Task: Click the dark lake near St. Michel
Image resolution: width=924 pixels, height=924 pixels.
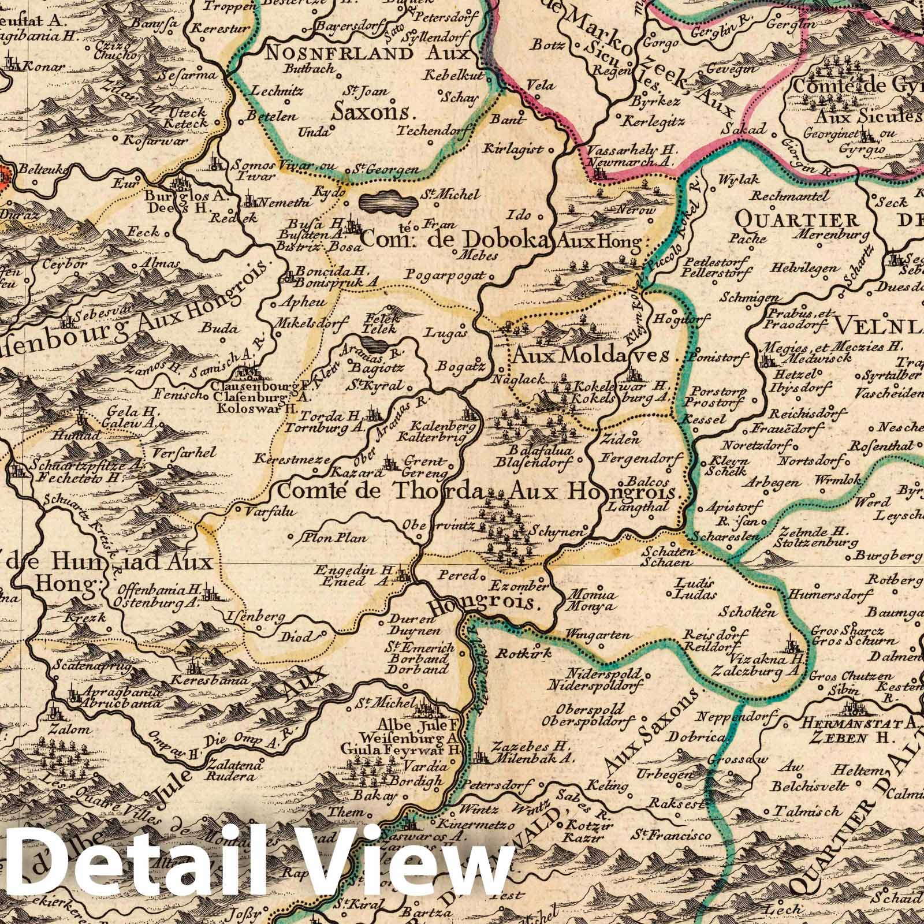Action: (388, 203)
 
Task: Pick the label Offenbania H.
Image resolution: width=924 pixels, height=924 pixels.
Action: (158, 590)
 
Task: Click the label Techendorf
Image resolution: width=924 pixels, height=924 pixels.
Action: (430, 131)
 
